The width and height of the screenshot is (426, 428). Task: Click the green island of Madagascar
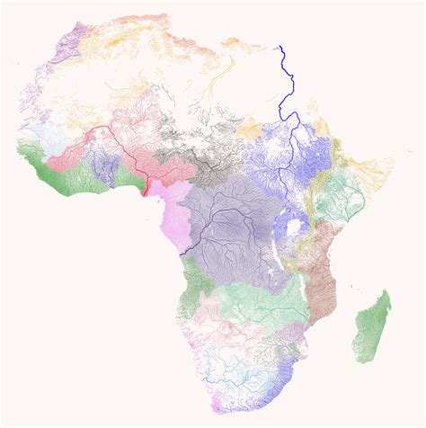pyautogui.click(x=374, y=328)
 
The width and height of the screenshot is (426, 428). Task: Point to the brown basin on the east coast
pyautogui.click(x=322, y=270)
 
